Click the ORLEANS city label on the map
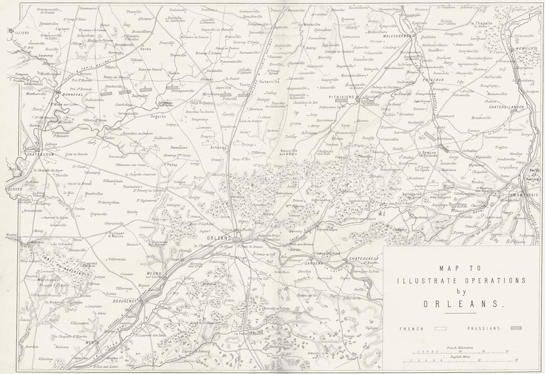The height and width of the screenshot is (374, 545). [220, 238]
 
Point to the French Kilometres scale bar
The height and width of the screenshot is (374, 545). [461, 352]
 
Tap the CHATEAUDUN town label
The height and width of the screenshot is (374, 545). [27, 154]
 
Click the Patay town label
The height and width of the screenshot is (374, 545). [173, 163]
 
